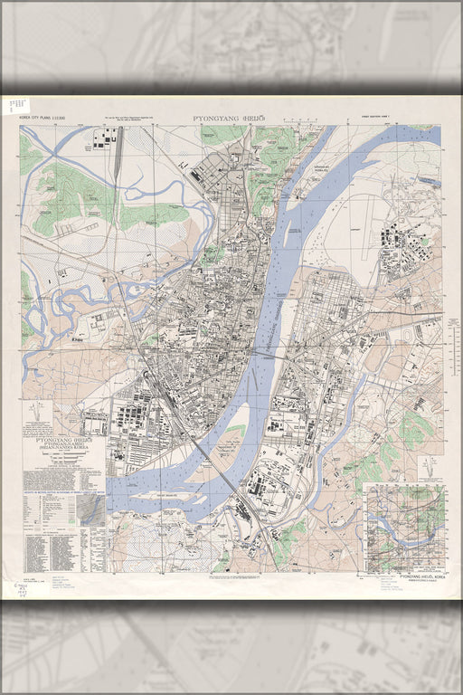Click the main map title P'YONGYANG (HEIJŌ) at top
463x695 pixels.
coord(230,119)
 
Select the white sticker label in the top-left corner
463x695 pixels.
coord(17,106)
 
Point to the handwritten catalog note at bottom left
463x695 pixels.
coord(20,592)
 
